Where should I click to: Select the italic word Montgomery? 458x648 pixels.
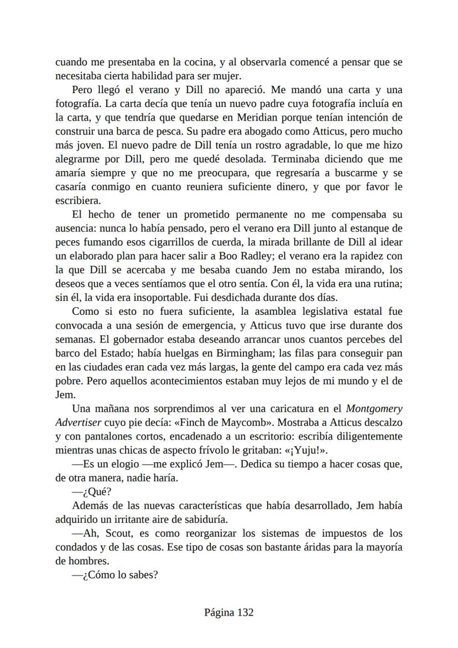[x=374, y=409]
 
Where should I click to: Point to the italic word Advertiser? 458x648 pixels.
[x=77, y=423]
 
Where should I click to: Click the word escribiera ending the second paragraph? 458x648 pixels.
[x=78, y=200]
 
